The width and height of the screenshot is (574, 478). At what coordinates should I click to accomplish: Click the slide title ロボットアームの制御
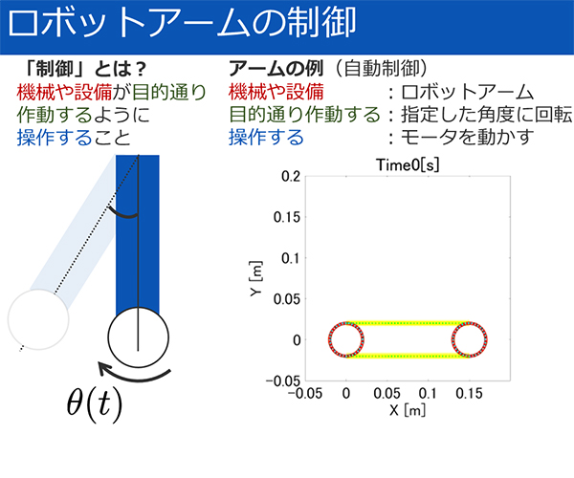182,23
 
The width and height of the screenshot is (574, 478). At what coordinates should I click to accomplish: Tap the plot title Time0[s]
408,165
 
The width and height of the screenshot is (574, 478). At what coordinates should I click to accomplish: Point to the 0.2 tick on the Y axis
291,177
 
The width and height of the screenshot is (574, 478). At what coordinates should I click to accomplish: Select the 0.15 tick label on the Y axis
287,217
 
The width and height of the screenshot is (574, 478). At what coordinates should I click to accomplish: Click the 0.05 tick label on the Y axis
287,299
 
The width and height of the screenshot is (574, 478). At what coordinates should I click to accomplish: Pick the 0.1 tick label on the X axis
428,394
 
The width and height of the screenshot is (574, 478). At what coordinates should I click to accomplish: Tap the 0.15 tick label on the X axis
469,394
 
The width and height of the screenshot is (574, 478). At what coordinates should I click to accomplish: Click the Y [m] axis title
256,279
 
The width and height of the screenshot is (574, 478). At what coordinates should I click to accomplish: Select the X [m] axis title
408,410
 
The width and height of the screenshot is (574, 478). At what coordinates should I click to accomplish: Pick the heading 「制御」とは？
86,69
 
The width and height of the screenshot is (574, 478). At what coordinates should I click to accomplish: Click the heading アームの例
276,69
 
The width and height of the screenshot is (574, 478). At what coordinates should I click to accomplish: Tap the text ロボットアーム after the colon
468,92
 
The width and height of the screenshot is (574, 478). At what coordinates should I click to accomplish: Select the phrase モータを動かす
468,137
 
